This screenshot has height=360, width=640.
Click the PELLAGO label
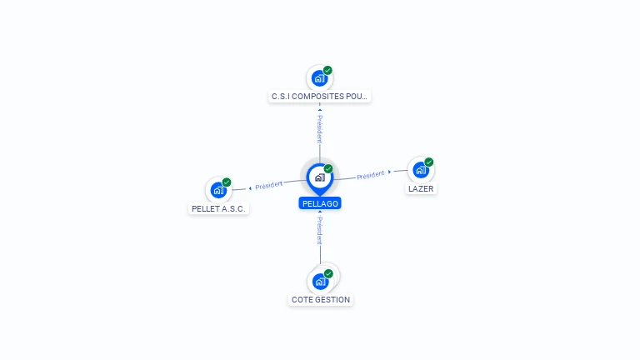320,203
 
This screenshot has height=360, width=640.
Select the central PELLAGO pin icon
320,179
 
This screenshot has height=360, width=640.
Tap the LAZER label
421,188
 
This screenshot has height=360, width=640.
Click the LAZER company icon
420,170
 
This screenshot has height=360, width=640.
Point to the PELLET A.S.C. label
218,208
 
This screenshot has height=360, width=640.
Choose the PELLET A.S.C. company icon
218,190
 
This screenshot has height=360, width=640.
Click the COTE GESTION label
321,300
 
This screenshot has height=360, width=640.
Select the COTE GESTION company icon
320,282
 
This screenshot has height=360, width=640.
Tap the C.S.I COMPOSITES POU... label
320,97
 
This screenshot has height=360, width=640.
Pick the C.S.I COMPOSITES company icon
320,78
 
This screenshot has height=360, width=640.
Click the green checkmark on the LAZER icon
428,162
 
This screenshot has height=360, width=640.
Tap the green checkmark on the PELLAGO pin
328,168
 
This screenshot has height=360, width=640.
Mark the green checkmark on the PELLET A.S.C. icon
227,182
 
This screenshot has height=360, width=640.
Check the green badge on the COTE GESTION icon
328,273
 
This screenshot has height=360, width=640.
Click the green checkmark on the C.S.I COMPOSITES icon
327,70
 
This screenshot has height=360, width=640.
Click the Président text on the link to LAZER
371,175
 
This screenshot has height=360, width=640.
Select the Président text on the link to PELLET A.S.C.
268,185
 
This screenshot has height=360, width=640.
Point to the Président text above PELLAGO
320,128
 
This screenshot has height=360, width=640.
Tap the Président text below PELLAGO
320,231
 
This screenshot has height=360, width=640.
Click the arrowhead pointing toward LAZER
389,172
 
